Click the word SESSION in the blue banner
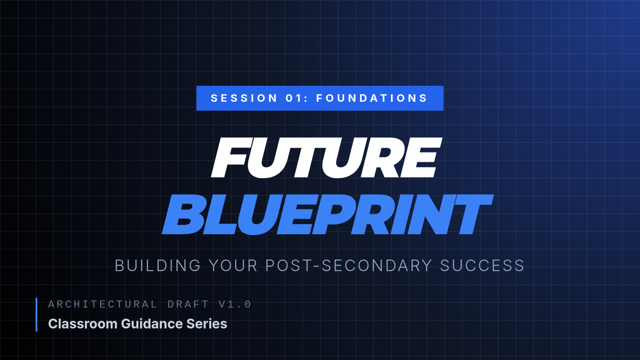(244, 98)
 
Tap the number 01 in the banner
(294, 98)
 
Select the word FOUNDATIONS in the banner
(371, 98)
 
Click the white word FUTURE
(326, 158)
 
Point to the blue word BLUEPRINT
(327, 215)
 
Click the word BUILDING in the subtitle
(158, 266)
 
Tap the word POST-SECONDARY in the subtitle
(348, 266)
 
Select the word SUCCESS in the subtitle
(482, 266)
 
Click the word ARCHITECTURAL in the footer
(102, 305)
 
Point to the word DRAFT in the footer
(188, 305)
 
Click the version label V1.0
(235, 305)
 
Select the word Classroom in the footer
(83, 324)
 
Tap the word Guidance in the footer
(152, 324)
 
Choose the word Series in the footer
(207, 324)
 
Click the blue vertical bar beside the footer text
(37, 315)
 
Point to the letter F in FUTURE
(229, 158)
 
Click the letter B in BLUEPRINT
(183, 215)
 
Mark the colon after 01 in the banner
(306, 99)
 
